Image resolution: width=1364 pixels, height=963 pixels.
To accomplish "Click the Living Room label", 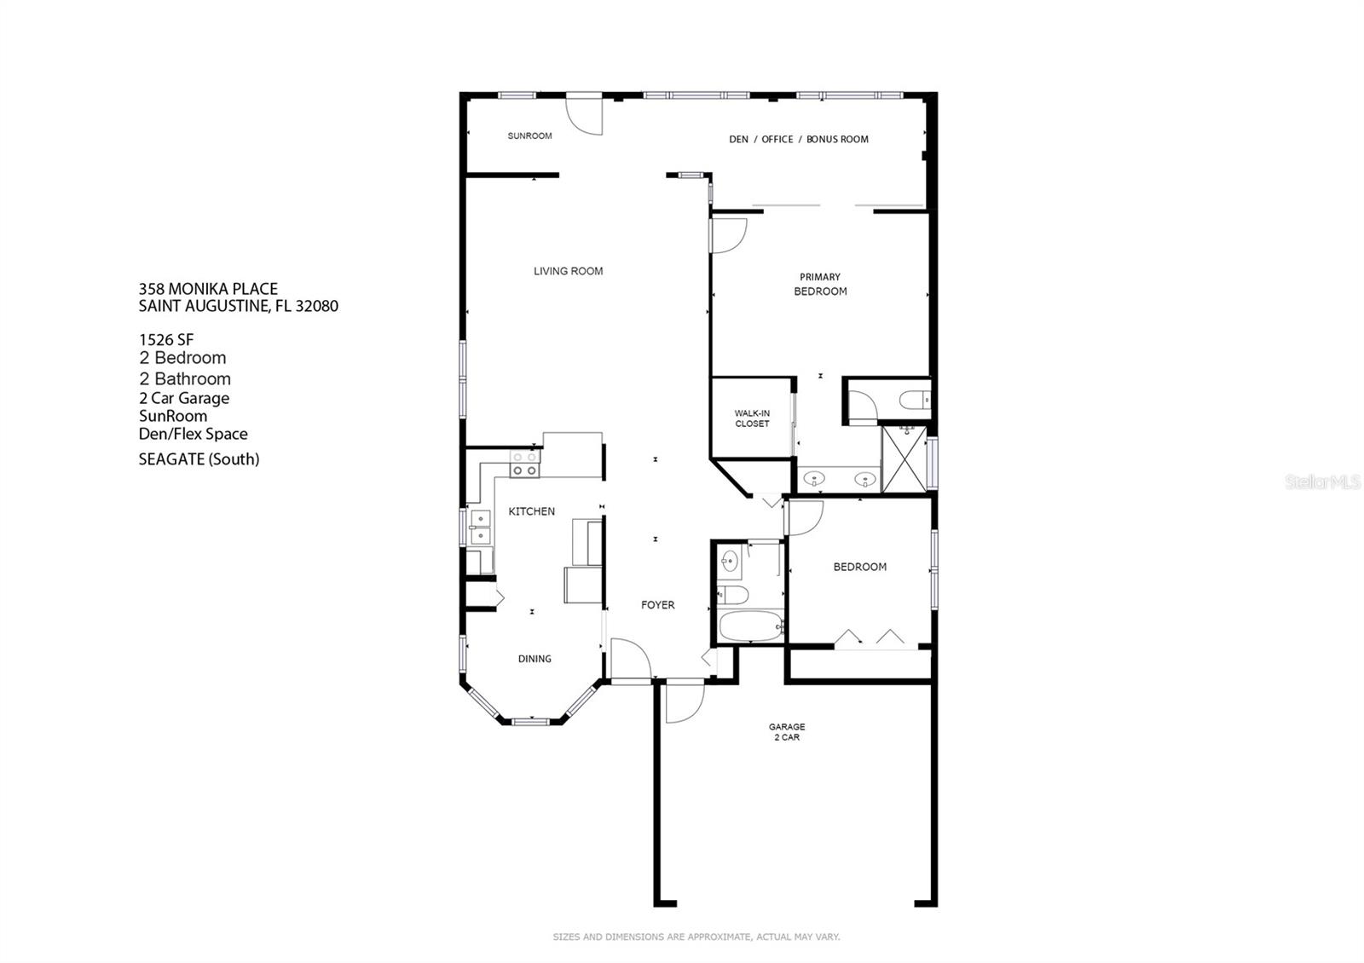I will click(568, 271).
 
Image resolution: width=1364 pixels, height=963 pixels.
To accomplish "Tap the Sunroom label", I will click(529, 136).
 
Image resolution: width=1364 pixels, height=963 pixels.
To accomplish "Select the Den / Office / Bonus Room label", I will click(798, 139).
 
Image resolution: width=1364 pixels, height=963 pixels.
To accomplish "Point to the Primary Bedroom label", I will click(820, 284).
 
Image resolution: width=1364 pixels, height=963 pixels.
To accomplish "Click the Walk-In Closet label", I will click(752, 418).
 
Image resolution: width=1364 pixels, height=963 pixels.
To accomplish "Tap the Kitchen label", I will click(531, 511).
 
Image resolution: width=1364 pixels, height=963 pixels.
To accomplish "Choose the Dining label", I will click(535, 659).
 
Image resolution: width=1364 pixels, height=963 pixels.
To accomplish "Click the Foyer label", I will click(657, 605).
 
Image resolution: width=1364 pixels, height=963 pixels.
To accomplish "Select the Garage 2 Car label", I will click(786, 732).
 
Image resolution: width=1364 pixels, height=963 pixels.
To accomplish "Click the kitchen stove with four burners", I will click(524, 464).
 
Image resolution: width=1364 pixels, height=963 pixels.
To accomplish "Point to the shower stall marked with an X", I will click(904, 459).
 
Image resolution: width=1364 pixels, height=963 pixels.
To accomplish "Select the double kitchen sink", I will click(479, 527).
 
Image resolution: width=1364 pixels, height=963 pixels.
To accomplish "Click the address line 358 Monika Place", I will click(208, 289).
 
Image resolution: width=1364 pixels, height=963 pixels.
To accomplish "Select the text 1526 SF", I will click(166, 339).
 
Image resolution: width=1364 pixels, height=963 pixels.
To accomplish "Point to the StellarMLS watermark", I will click(1322, 482).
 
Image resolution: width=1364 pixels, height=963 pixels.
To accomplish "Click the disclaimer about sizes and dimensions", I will click(696, 937).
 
